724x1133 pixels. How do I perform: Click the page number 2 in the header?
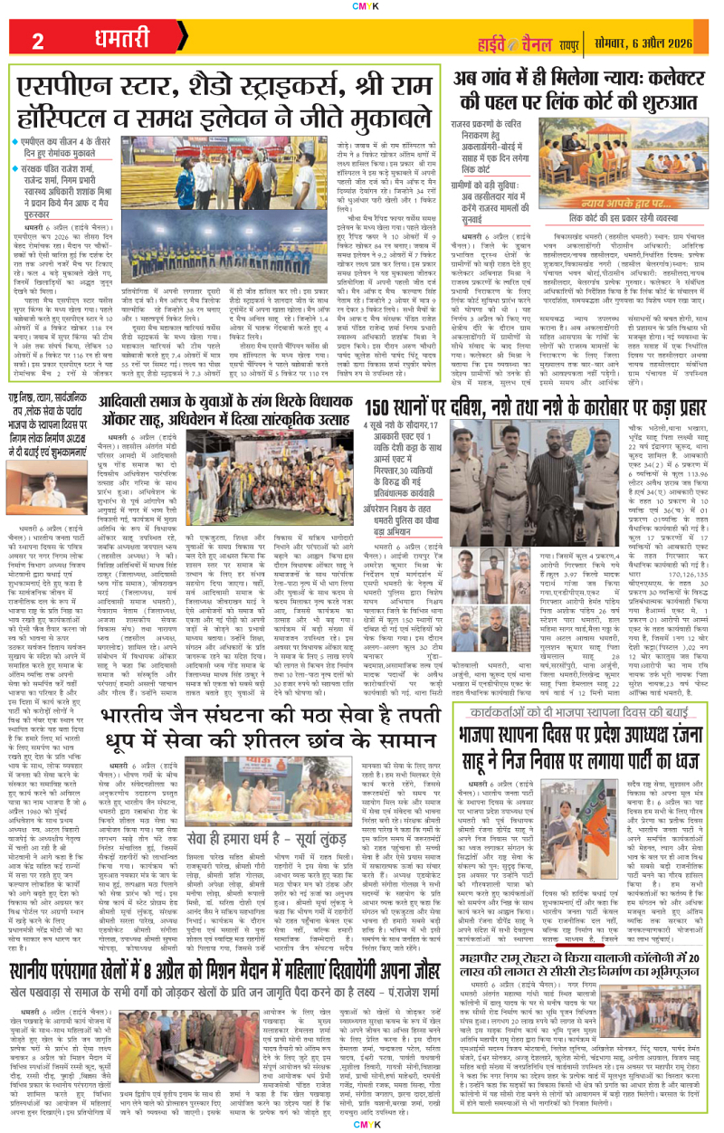click(38, 42)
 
